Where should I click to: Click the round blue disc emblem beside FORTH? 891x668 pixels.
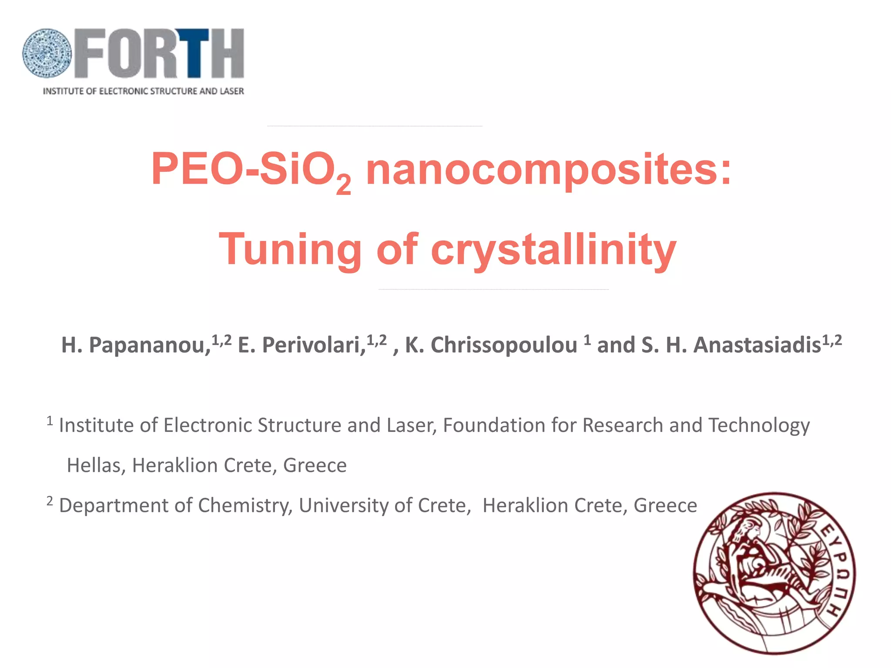(47, 53)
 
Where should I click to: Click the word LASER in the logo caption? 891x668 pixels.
(232, 91)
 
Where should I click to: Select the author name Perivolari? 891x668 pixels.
(313, 345)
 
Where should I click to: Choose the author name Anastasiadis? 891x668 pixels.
(757, 345)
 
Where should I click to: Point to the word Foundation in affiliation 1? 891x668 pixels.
(494, 425)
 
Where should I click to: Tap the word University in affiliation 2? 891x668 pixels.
(343, 505)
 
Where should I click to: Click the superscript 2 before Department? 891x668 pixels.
(50, 501)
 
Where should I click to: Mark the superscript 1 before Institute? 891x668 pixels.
(50, 421)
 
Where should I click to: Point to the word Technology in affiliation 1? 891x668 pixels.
(759, 425)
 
